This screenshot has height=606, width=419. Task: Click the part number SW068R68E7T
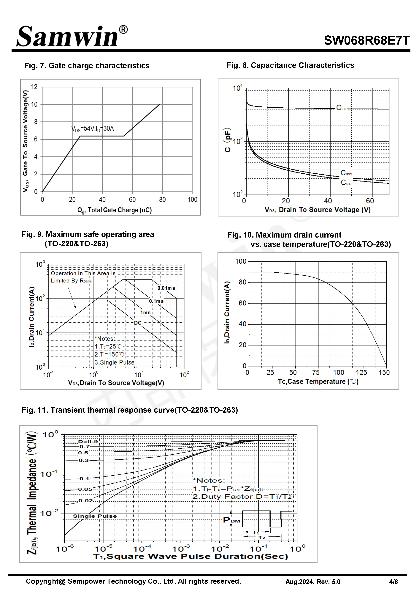pos(366,40)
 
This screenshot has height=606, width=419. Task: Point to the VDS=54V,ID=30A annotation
pos(92,129)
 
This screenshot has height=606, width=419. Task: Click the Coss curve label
pos(346,173)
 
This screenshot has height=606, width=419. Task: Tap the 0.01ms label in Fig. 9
pos(166,288)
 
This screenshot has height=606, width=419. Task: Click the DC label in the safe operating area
pos(138,323)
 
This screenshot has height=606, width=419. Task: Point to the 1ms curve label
pos(145,313)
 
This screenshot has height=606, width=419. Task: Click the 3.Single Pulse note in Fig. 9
pos(115,362)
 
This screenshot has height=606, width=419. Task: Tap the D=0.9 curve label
pos(88,442)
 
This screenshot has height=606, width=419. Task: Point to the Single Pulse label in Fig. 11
pos(95,516)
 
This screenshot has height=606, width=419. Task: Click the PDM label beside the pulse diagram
pos(231,520)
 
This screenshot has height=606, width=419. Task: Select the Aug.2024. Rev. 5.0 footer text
pos(313,582)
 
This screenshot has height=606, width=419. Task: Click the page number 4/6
pos(393,582)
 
